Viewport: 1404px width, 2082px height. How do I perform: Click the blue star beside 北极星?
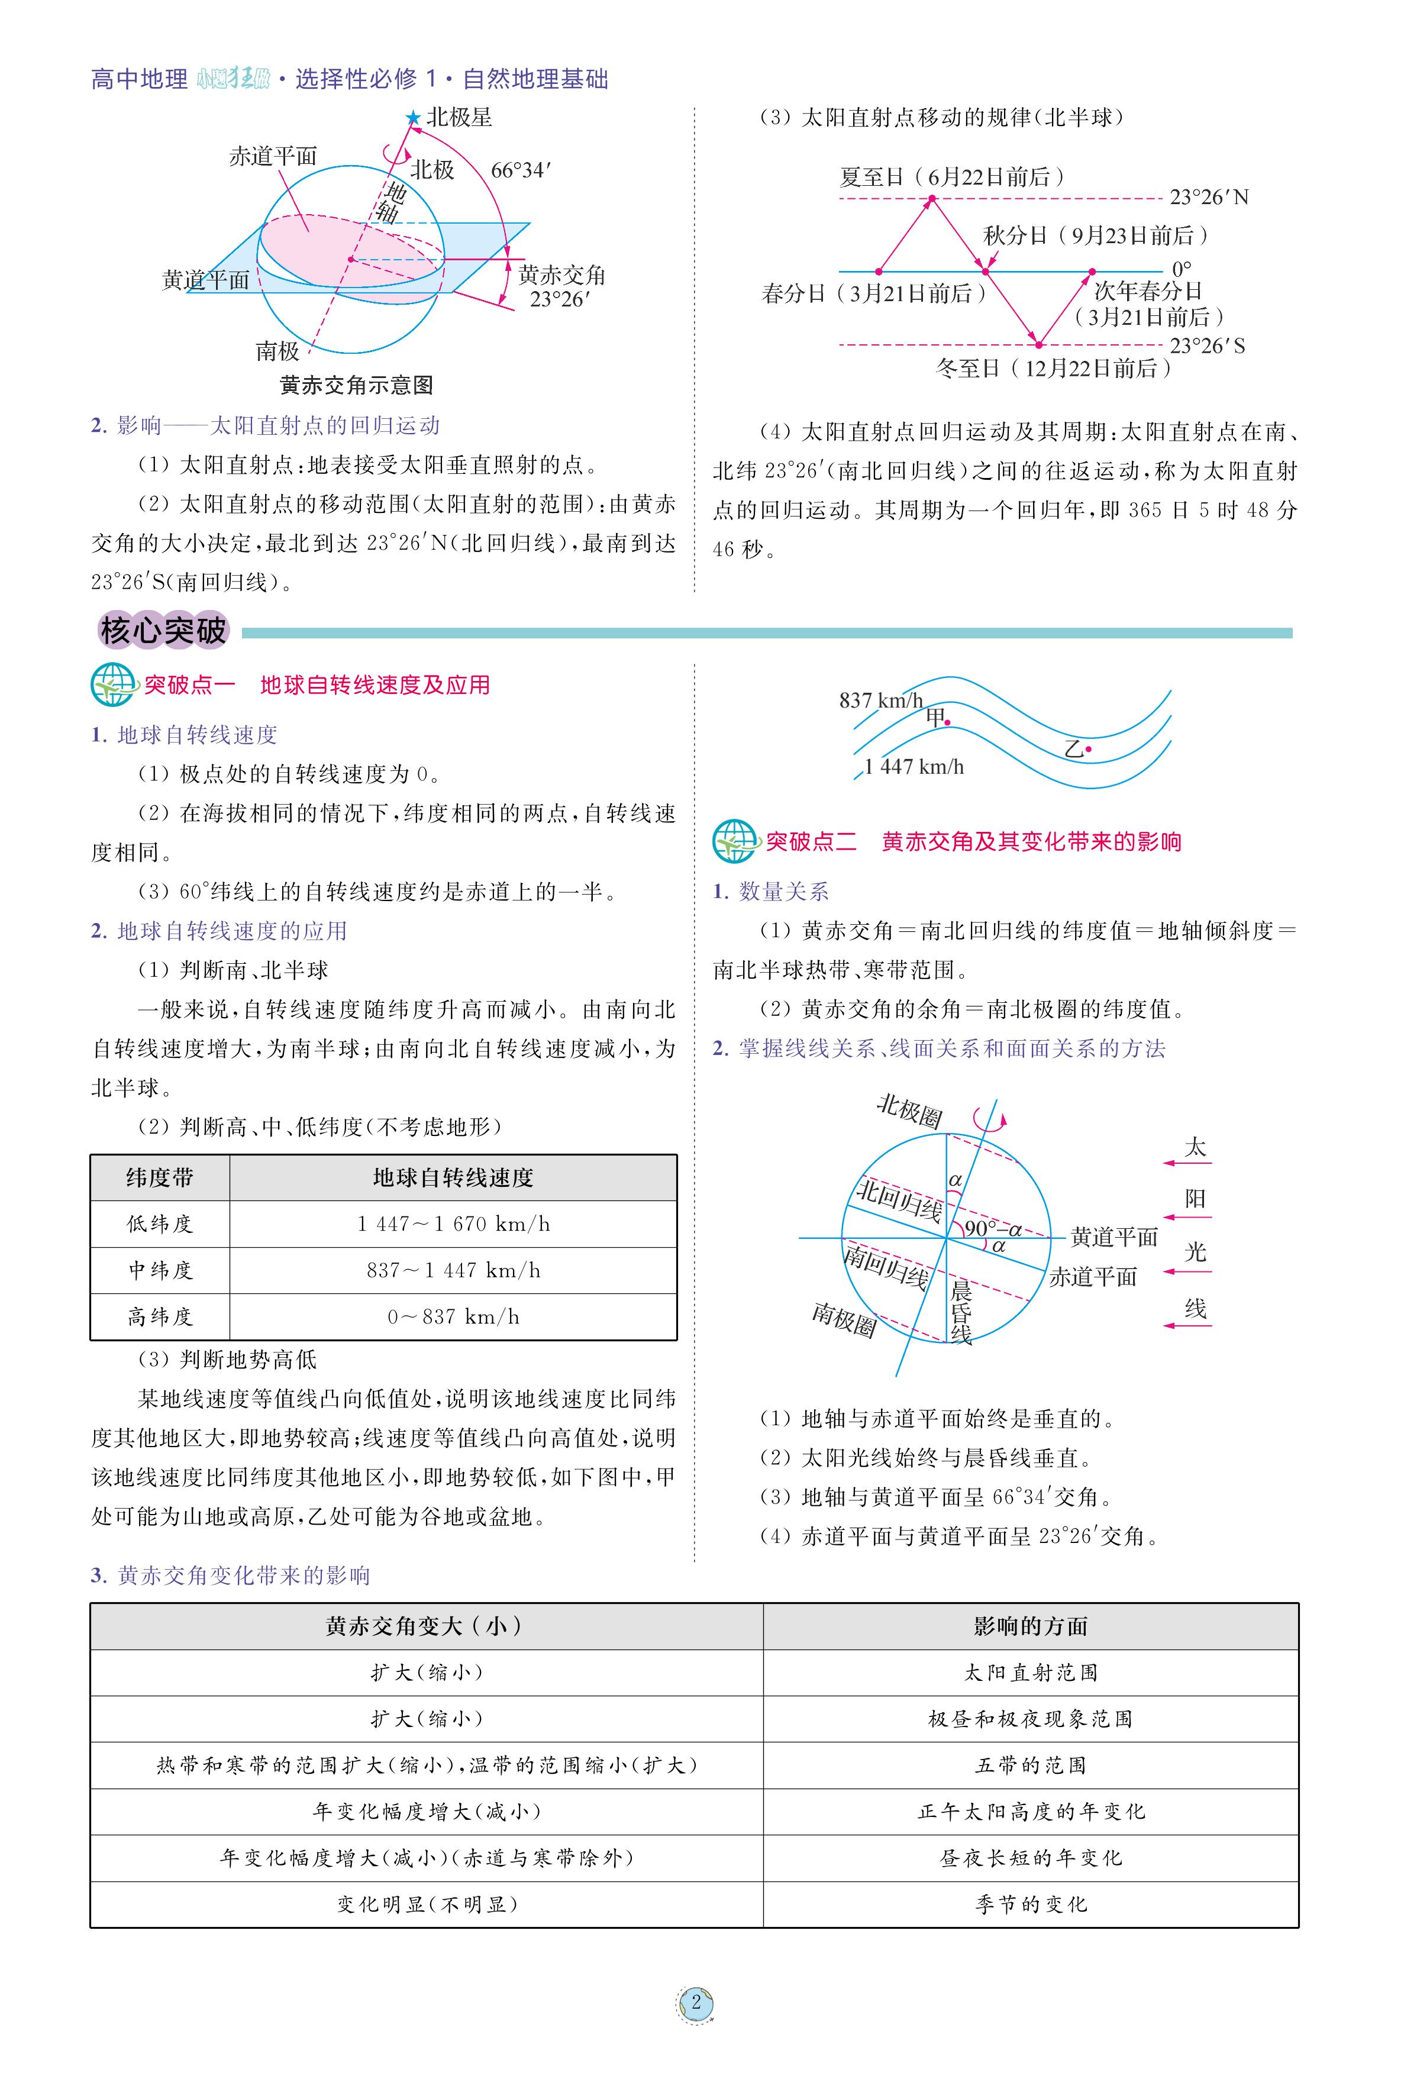coord(413,117)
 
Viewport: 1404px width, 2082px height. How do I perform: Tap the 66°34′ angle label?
coord(520,170)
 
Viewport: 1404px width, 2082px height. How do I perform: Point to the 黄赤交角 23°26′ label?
coord(561,286)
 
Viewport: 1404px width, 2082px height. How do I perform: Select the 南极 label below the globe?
coord(277,350)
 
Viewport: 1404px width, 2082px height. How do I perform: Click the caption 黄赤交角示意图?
coord(356,385)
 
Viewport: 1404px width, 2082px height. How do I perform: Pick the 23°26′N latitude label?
coord(1209,197)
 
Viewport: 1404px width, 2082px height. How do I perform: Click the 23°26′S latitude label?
coord(1207,346)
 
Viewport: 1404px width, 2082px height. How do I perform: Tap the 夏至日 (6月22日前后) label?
coord(952,176)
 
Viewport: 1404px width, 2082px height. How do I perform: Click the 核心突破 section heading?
coord(163,631)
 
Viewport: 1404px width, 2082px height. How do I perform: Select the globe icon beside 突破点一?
coord(113,685)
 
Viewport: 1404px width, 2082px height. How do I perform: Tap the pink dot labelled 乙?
coord(1089,748)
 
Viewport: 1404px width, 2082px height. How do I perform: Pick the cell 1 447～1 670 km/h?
coord(453,1224)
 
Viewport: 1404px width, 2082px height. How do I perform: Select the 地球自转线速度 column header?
coord(453,1177)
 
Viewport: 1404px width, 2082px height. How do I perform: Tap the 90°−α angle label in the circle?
coord(993,1229)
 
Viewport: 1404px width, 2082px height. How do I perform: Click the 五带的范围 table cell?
coord(1031,1765)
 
